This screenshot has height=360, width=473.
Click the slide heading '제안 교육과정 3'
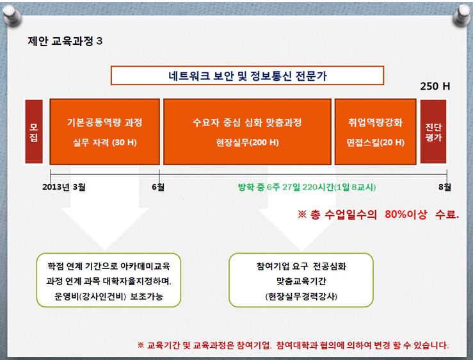click(65, 41)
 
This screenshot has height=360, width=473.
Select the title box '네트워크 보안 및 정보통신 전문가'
click(247, 76)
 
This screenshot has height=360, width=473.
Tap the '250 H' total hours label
click(435, 86)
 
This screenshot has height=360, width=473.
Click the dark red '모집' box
click(34, 132)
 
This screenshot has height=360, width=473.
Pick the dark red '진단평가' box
click(433, 132)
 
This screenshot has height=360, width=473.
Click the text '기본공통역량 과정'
click(105, 122)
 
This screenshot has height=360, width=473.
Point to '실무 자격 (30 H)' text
click(105, 142)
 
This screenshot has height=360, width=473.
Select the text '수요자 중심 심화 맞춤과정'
click(247, 122)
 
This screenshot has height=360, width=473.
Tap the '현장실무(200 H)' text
click(247, 142)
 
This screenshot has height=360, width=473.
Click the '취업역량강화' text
click(376, 122)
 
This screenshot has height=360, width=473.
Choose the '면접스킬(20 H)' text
click(376, 142)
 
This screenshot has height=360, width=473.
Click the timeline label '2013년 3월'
click(63, 187)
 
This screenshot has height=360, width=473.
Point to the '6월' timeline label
click(158, 187)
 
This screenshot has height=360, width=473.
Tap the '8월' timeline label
click(445, 187)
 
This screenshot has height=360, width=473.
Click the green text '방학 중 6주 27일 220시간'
click(286, 187)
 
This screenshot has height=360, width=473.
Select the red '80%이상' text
click(406, 214)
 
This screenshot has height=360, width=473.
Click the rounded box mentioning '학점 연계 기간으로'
click(109, 281)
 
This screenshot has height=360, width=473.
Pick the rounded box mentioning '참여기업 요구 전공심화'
click(301, 281)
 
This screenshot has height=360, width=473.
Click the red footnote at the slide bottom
click(293, 345)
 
